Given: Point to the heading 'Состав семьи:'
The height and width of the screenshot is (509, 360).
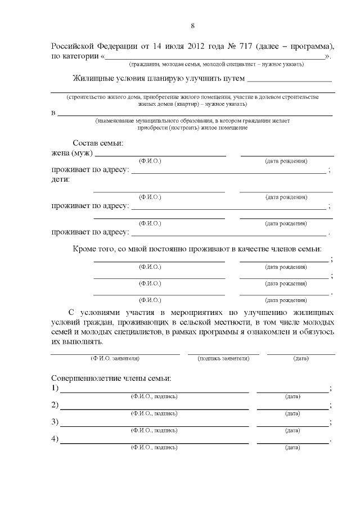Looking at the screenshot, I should coord(98,143).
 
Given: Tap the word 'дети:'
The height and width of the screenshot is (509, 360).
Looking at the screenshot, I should coord(61,179).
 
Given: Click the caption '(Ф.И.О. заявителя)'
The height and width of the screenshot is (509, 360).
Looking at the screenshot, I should coord(115,358).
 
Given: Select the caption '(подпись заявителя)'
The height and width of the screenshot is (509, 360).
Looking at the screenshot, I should coord(223,358).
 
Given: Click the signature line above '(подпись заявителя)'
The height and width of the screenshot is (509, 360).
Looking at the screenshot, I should coord(223,353).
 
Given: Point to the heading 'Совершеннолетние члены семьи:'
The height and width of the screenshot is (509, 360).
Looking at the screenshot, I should coord(111,378).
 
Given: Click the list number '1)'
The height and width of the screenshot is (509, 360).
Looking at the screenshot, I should coord(55,389).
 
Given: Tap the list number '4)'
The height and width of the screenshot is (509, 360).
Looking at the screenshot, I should coord(55,439).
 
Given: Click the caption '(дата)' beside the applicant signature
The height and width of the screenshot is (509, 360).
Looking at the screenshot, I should coord(301,358).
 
